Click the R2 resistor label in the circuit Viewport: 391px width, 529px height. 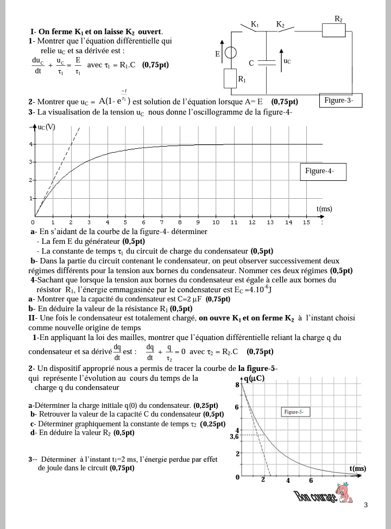(x=338, y=19)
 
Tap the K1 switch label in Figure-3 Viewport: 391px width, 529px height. (x=255, y=24)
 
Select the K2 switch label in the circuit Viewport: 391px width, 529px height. (x=280, y=24)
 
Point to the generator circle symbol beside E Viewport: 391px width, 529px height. (x=231, y=53)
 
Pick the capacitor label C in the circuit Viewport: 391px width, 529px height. (x=251, y=63)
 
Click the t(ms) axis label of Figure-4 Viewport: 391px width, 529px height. (x=324, y=209)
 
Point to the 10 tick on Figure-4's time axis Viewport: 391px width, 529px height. (x=216, y=222)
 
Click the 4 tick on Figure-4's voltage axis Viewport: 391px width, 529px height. (x=31, y=144)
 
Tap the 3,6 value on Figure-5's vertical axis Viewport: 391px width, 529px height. (x=234, y=436)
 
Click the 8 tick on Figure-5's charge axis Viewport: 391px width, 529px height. (x=237, y=385)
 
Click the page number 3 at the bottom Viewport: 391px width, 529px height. (x=365, y=506)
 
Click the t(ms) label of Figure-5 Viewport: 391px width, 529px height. (x=358, y=469)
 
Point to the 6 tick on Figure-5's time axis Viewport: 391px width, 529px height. (x=311, y=480)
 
